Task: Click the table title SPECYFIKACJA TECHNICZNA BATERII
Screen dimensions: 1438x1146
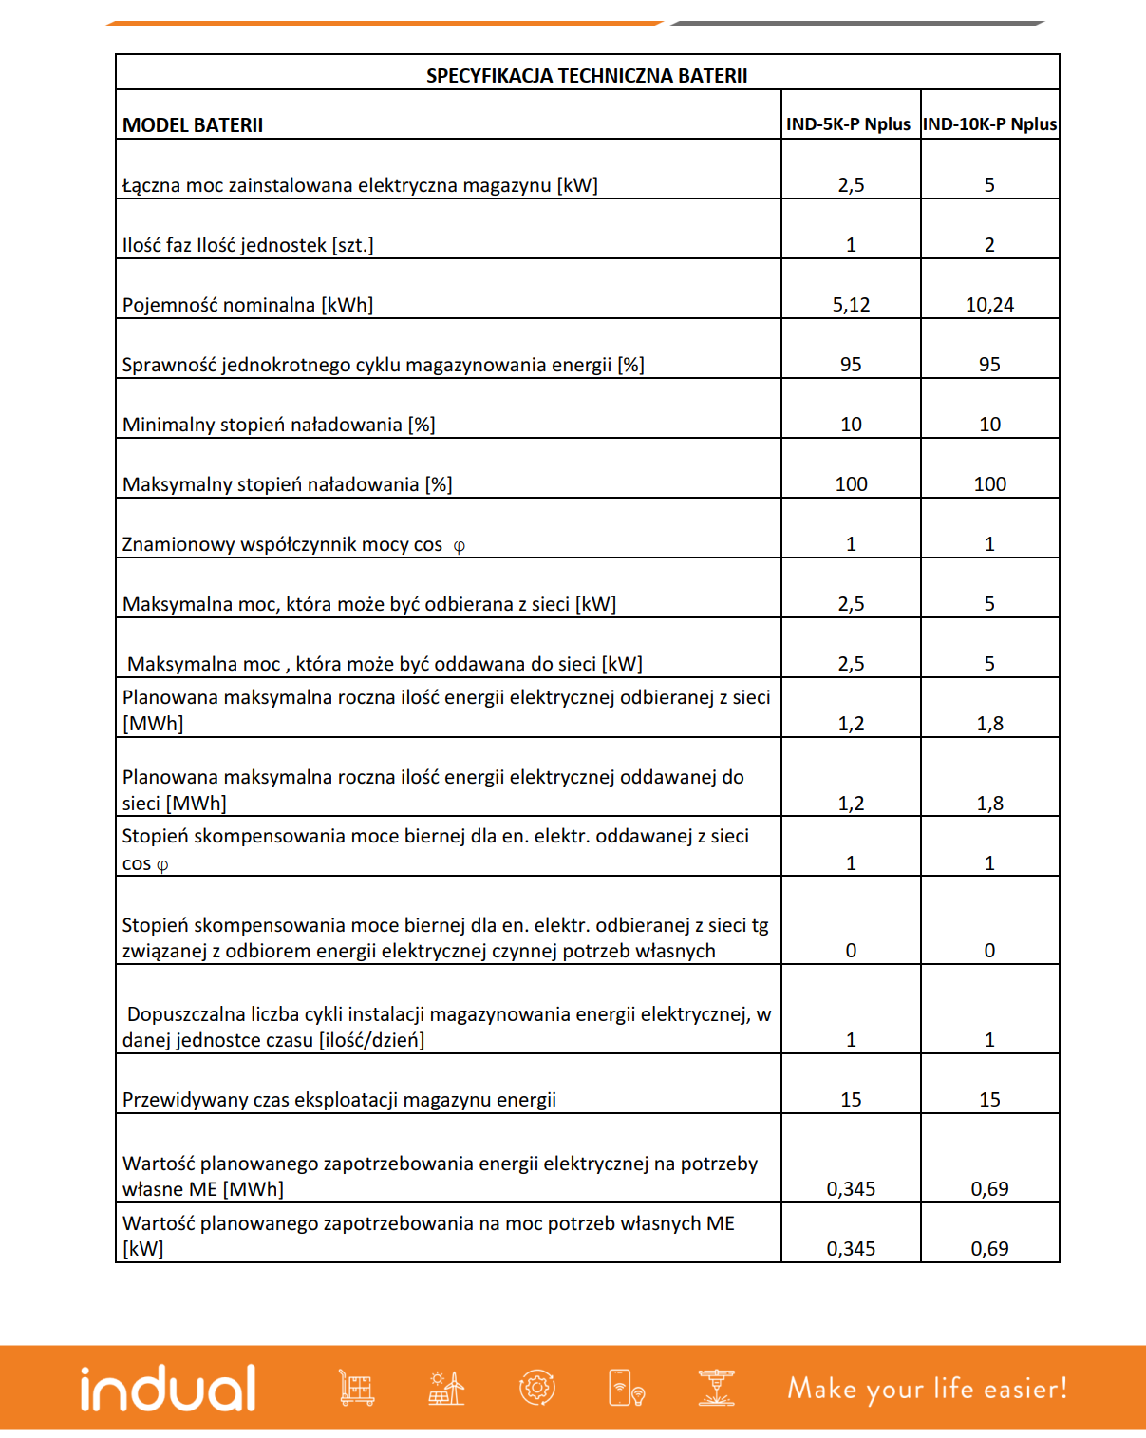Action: click(587, 76)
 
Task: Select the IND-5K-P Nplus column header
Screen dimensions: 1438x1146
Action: click(848, 124)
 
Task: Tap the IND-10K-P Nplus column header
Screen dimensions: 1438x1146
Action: click(989, 124)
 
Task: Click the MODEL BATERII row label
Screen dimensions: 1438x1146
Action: click(193, 125)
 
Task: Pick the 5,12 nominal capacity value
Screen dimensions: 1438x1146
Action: click(851, 305)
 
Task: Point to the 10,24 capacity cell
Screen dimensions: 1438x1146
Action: click(989, 305)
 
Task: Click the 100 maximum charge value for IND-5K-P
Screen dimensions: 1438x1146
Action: click(851, 484)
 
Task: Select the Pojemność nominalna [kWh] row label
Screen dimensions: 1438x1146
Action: click(248, 305)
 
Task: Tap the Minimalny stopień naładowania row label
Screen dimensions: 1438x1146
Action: click(279, 425)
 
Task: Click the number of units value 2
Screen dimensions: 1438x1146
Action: click(989, 245)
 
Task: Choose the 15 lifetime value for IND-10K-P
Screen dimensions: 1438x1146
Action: click(989, 1100)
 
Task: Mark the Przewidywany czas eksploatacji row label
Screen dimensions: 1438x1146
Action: click(339, 1100)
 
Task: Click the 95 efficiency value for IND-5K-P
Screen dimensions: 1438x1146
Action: click(851, 365)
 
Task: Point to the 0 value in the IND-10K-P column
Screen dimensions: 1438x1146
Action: click(989, 951)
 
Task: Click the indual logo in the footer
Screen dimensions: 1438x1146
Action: click(168, 1389)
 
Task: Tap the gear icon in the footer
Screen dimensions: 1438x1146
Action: click(536, 1388)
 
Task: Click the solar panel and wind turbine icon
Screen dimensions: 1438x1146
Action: click(445, 1388)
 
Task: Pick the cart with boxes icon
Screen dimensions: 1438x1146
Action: click(357, 1388)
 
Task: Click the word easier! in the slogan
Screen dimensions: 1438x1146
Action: click(1025, 1389)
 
